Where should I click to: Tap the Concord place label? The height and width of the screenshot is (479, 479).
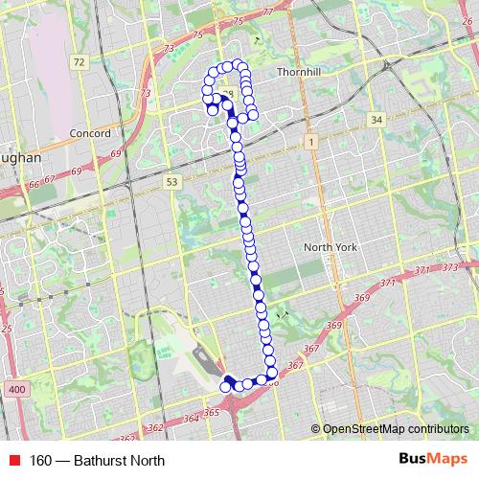[x=90, y=134]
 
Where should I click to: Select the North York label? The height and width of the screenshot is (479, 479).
[x=331, y=247]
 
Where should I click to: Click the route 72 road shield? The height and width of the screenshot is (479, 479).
[x=79, y=62]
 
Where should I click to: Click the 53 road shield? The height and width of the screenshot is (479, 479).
[x=171, y=181]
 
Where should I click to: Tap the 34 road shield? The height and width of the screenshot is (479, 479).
[x=376, y=120]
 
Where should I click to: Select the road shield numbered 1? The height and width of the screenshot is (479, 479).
[x=310, y=142]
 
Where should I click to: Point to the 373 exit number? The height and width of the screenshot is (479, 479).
[x=449, y=269]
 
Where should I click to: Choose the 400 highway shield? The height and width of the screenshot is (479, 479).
[x=15, y=388]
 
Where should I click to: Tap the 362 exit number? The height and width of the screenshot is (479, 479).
[x=156, y=426]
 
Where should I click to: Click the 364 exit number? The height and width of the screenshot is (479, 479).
[x=190, y=419]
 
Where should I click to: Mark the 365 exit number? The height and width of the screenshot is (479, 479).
[x=211, y=412]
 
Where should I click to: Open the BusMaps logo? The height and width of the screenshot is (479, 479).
[x=432, y=459]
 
